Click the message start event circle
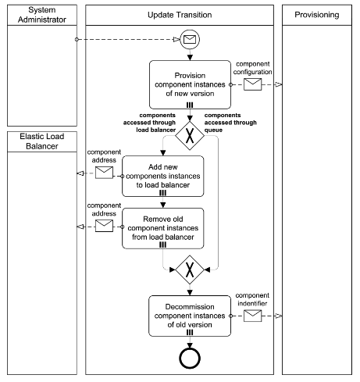pos(189,37)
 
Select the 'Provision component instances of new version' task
pos(189,86)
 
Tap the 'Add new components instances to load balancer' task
pos(162,175)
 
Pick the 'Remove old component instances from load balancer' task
pos(162,227)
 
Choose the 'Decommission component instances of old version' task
pos(189,316)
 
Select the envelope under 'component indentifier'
pos(254,316)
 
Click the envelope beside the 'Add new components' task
pos(103,174)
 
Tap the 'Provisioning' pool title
pos(317,15)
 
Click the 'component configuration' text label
pos(254,67)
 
